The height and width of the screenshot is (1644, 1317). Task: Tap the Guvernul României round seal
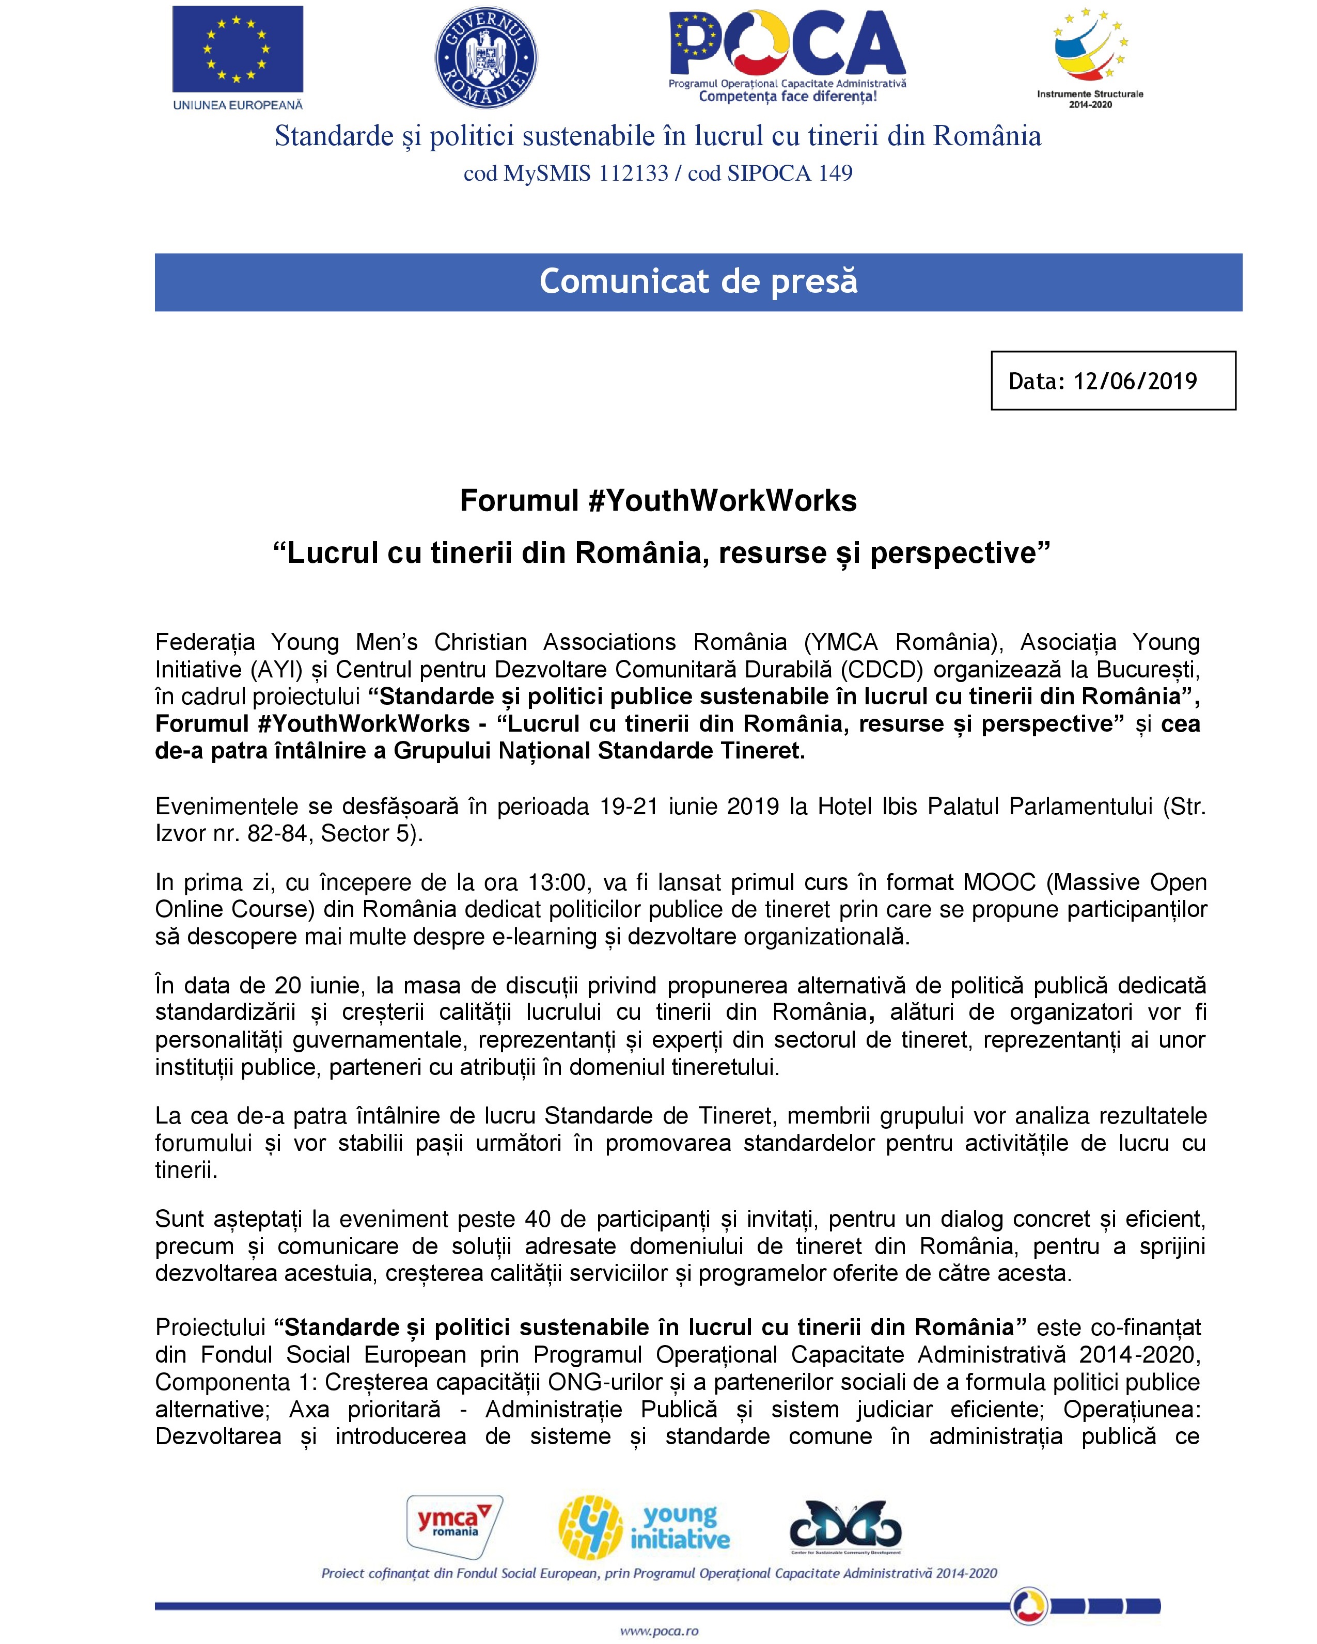(486, 57)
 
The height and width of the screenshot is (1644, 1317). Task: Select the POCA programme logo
(787, 55)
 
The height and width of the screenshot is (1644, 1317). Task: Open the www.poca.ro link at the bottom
(659, 1631)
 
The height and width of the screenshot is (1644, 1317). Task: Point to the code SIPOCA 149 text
(789, 174)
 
